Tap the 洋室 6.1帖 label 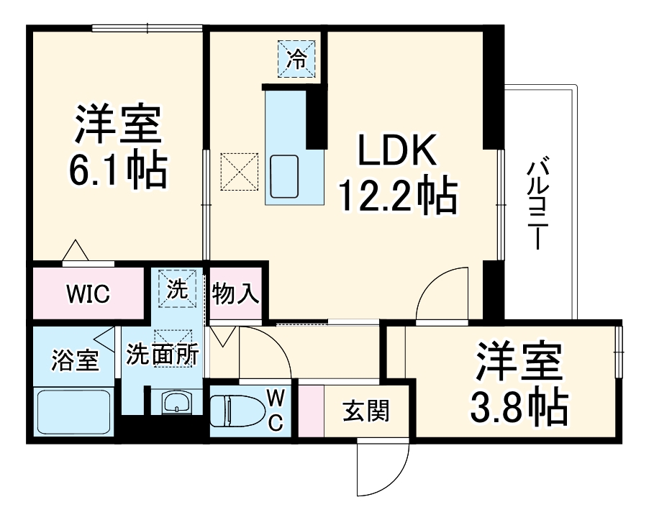point(117,148)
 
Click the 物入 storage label point(235,293)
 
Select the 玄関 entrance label point(365,411)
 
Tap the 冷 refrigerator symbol point(296,58)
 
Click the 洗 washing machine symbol point(177,289)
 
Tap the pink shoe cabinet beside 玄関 point(311,411)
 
